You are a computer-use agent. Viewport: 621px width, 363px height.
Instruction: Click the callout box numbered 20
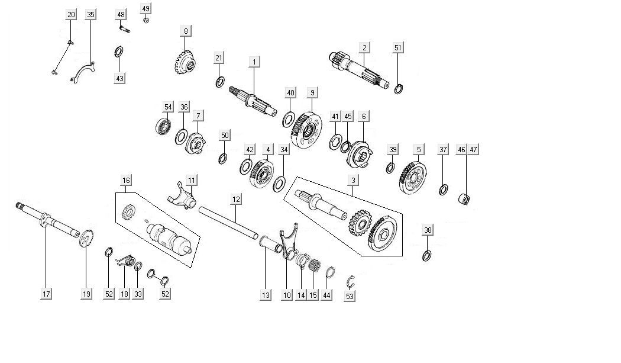pyautogui.click(x=71, y=14)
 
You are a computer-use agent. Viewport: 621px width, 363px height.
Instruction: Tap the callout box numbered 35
pyautogui.click(x=90, y=14)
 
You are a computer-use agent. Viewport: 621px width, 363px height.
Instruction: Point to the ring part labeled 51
pyautogui.click(x=399, y=89)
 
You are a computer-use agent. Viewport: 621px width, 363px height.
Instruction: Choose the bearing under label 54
pyautogui.click(x=164, y=127)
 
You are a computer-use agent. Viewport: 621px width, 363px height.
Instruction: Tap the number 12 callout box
pyautogui.click(x=235, y=200)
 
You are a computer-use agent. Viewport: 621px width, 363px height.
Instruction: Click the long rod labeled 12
pyautogui.click(x=228, y=220)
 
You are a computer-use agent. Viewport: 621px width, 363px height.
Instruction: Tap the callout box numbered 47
pyautogui.click(x=473, y=150)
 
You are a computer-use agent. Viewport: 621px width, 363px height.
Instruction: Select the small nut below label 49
pyautogui.click(x=147, y=20)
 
